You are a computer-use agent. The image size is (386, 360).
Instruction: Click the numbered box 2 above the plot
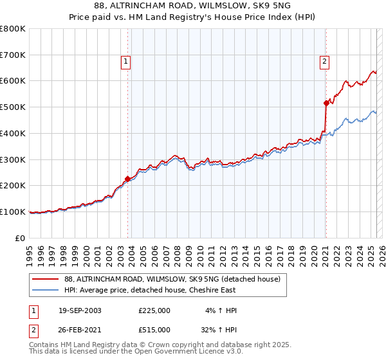[324, 62]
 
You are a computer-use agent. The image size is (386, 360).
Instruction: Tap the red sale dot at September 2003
[128, 179]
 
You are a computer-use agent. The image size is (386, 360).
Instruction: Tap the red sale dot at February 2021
[326, 102]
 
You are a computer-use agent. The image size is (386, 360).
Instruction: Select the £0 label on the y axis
[20, 238]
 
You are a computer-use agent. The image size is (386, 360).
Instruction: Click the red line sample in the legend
[45, 280]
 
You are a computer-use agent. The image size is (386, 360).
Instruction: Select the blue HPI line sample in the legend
[45, 291]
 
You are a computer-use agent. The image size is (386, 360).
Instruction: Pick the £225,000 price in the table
[154, 310]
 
